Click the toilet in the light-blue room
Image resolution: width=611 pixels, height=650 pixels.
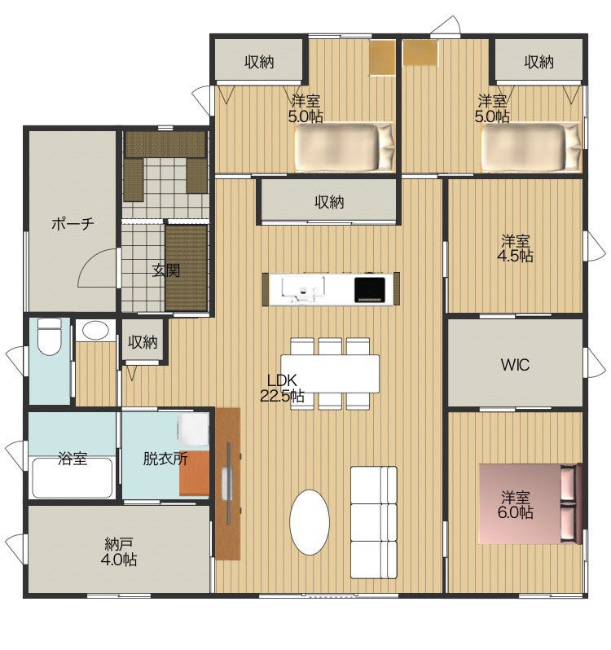tap(50, 336)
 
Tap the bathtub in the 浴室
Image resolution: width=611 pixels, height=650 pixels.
tap(73, 477)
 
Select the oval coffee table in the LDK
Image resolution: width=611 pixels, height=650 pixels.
tap(310, 521)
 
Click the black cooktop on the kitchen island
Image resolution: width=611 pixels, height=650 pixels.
tap(369, 289)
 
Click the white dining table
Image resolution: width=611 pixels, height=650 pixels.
tap(331, 373)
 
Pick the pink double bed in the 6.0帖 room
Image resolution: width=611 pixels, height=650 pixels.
tap(530, 503)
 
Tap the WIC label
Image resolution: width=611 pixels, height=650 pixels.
tap(515, 365)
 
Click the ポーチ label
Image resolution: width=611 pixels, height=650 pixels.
tap(73, 224)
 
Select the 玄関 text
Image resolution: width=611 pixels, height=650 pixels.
tap(166, 270)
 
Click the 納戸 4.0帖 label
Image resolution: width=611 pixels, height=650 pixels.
tap(119, 551)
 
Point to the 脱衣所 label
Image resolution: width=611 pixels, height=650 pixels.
tap(165, 459)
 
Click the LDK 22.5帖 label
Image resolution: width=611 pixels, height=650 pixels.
tap(282, 388)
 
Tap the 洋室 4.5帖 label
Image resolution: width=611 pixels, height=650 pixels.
tap(515, 248)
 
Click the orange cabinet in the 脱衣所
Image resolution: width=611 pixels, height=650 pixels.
tap(194, 473)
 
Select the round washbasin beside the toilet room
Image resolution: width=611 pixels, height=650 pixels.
tap(95, 330)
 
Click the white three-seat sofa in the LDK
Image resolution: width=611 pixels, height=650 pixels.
tap(374, 522)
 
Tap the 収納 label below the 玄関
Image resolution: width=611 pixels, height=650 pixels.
tap(143, 342)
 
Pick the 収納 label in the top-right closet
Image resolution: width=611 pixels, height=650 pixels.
tap(538, 62)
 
